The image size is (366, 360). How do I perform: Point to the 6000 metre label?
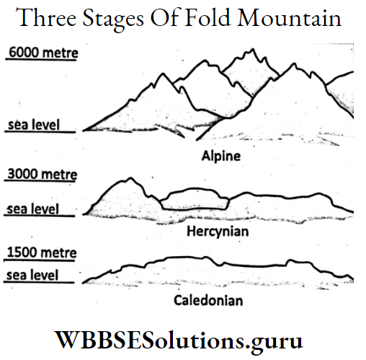pos(42,52)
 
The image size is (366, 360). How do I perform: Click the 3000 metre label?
pos(41,174)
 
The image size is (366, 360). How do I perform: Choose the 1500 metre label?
pos(41,253)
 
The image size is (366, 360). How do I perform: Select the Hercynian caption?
pos(217,232)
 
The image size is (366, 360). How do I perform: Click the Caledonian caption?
pos(208,299)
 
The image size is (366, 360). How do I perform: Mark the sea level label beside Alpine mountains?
pos(32,126)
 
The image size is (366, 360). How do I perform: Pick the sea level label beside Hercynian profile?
pos(32,209)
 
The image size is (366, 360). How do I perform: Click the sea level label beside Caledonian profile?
pos(32,276)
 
